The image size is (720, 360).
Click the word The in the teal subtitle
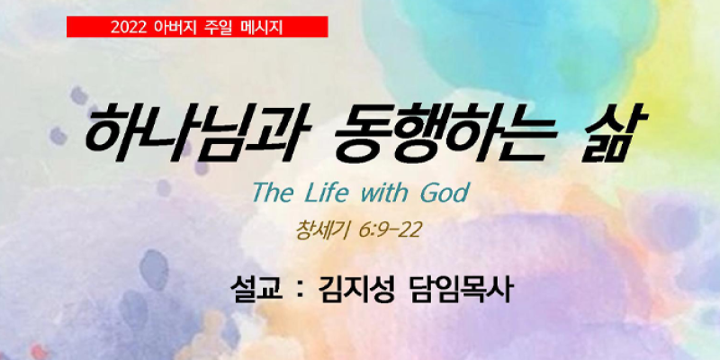273,193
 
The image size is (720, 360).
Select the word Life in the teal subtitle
328,193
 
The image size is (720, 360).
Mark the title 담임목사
459,289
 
